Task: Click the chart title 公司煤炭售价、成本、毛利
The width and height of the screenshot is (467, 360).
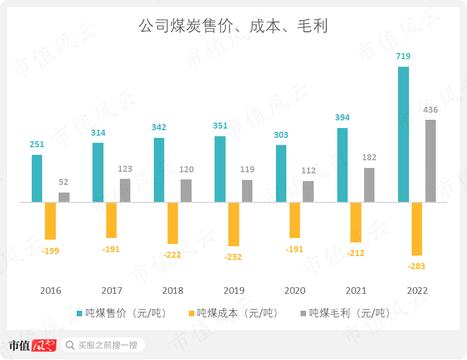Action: click(x=233, y=26)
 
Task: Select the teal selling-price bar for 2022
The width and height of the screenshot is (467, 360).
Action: click(x=403, y=134)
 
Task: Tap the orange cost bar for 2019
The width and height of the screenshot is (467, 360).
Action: click(x=234, y=224)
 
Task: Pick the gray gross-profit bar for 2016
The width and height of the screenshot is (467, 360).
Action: click(x=64, y=198)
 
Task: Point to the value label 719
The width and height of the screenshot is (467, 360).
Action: click(x=403, y=56)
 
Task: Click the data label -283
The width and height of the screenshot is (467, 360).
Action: click(x=417, y=266)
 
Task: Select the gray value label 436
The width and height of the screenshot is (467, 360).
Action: click(x=431, y=110)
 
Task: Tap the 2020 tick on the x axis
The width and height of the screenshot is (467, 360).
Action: click(x=295, y=291)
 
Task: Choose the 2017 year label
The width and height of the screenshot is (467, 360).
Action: click(x=112, y=291)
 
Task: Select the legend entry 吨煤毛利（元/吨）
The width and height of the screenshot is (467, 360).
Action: click(x=345, y=313)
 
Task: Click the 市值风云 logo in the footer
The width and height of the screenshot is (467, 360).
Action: click(x=32, y=345)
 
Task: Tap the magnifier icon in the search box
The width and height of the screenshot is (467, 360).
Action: click(x=70, y=345)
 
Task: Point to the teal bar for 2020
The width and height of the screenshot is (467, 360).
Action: click(x=281, y=173)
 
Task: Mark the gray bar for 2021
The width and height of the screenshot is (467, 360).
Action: click(x=370, y=185)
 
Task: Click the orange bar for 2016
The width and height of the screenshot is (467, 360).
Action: click(x=50, y=221)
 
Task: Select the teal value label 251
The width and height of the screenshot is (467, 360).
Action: click(x=37, y=144)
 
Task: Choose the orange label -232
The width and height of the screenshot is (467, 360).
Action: click(x=233, y=257)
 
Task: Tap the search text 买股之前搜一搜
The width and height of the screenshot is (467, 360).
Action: click(x=108, y=345)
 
